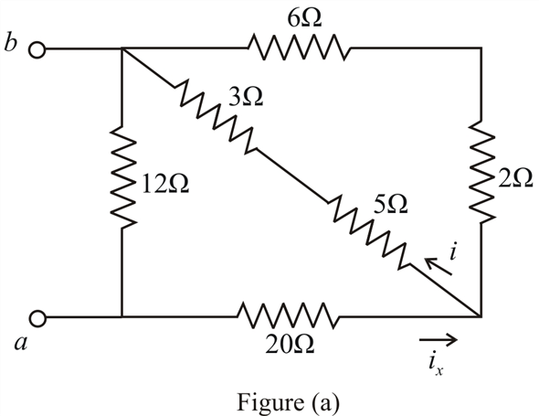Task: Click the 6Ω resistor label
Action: pyautogui.click(x=304, y=19)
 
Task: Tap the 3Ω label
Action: pyautogui.click(x=246, y=98)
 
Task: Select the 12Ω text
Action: pyautogui.click(x=165, y=185)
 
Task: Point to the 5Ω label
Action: pyautogui.click(x=390, y=206)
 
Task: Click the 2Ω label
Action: pyautogui.click(x=515, y=178)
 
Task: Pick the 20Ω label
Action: pyautogui.click(x=290, y=345)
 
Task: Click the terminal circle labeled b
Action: pyautogui.click(x=37, y=49)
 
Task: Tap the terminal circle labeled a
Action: pyautogui.click(x=37, y=318)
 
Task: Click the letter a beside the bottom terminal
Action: pyautogui.click(x=21, y=343)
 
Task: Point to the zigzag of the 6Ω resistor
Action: pyautogui.click(x=300, y=48)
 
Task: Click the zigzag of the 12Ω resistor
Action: pyautogui.click(x=122, y=177)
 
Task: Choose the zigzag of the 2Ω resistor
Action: pyautogui.click(x=482, y=171)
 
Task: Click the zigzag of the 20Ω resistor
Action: pyautogui.click(x=288, y=315)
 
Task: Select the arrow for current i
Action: pyautogui.click(x=438, y=266)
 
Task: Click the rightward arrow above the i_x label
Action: pyautogui.click(x=438, y=339)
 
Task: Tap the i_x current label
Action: pyautogui.click(x=436, y=364)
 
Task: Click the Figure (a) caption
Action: pyautogui.click(x=288, y=402)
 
